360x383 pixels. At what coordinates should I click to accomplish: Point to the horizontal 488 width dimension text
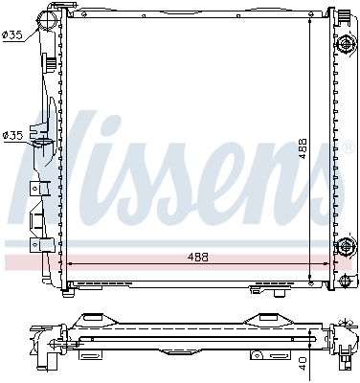(196, 258)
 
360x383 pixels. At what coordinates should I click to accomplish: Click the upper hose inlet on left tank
(45, 20)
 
